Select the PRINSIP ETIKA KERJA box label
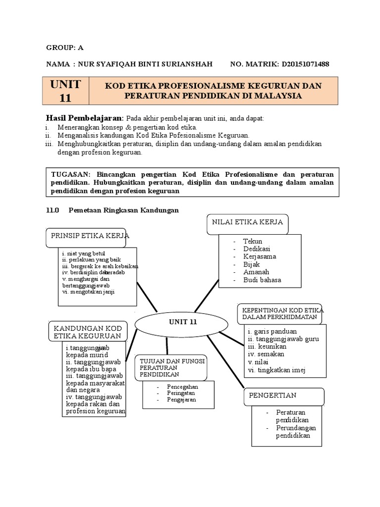point(88,236)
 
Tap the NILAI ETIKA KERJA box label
point(247,222)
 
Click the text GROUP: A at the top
point(65,48)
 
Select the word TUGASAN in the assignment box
point(68,175)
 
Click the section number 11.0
point(52,210)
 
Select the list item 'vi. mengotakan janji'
point(89,292)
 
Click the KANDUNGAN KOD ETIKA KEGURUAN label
point(88,332)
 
